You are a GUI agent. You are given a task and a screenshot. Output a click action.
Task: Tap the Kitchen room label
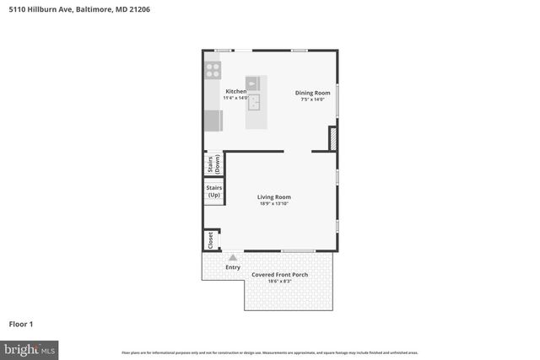click(235, 91)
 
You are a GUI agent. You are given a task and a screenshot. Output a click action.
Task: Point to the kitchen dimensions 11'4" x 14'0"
click(235, 99)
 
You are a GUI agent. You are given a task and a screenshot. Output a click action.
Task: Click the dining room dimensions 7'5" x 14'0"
click(311, 99)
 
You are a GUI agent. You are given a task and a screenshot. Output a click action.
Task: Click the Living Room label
click(274, 197)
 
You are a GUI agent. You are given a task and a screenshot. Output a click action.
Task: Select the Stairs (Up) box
click(213, 191)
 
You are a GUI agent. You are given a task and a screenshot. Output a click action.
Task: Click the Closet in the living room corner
click(210, 240)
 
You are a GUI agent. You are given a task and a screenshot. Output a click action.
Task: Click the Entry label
click(232, 268)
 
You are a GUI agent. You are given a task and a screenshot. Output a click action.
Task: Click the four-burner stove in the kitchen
click(213, 70)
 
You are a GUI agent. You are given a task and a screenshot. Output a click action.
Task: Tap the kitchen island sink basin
click(254, 101)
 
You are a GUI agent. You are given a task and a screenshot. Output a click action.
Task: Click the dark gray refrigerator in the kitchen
click(213, 121)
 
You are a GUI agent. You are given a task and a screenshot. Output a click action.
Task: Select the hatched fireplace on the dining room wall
click(333, 139)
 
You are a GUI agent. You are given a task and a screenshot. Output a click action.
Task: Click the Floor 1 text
click(21, 324)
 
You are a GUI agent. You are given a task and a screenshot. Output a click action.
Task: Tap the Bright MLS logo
click(30, 348)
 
